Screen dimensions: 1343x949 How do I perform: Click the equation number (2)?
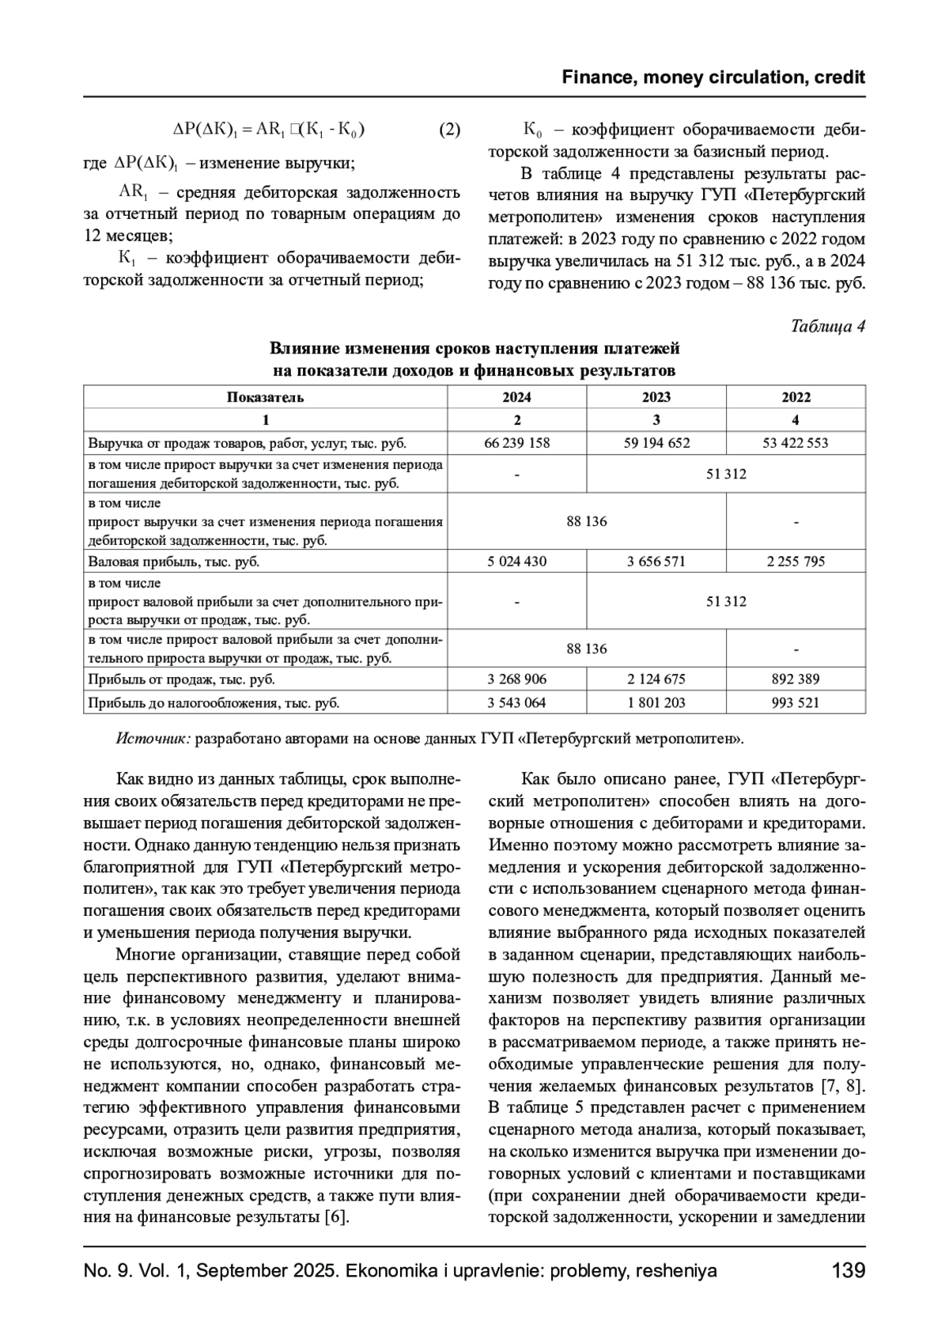(449, 130)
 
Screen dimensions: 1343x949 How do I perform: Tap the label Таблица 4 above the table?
(828, 327)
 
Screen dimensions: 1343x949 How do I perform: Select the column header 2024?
(517, 397)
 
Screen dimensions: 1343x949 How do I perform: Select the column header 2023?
(656, 397)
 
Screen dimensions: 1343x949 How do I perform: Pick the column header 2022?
(796, 397)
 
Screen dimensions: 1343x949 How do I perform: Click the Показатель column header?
(266, 397)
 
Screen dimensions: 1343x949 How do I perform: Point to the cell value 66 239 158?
(517, 443)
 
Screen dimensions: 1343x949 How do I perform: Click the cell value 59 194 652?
(656, 443)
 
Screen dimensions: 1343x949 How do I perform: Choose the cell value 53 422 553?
(796, 443)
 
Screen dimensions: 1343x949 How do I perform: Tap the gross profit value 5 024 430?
(517, 562)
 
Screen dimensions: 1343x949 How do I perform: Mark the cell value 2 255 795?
(796, 562)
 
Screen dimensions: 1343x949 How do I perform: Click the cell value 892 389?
(796, 679)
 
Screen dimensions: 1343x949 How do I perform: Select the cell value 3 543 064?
(517, 702)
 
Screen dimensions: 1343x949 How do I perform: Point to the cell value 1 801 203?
(656, 702)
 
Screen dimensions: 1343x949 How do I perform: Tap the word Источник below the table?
(153, 739)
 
